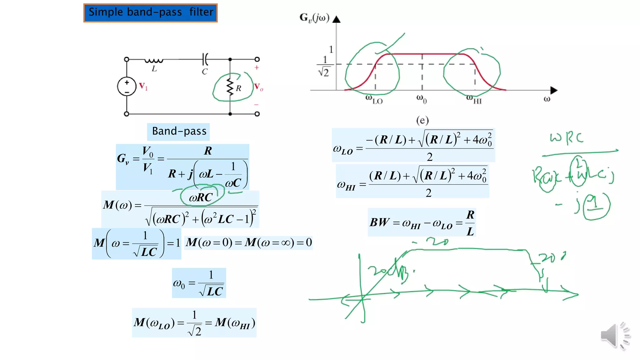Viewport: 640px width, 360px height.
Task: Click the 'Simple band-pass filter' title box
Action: coord(150,13)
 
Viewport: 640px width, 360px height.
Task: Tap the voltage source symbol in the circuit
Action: coord(127,86)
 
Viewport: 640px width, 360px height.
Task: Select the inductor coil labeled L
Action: coord(153,61)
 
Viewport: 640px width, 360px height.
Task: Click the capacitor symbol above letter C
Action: coord(205,59)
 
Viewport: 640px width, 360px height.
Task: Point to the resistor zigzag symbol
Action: coord(230,87)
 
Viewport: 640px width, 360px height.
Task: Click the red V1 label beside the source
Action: coord(143,86)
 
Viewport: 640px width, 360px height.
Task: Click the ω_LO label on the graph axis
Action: coord(374,100)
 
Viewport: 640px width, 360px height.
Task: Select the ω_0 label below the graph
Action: coord(421,99)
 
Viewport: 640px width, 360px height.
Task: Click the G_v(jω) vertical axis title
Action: coord(314,18)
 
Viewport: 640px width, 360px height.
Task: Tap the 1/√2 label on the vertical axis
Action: coord(324,67)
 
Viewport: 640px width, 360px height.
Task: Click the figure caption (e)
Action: coord(422,120)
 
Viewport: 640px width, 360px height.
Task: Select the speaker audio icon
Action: coord(614,336)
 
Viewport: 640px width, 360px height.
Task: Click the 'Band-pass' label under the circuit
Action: coord(179,131)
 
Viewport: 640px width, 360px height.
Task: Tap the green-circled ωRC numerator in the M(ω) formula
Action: coord(201,197)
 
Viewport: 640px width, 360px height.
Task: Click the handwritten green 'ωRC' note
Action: coord(566,138)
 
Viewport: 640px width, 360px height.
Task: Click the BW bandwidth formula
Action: coord(422,222)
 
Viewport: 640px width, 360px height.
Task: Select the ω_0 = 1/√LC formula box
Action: coord(199,283)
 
